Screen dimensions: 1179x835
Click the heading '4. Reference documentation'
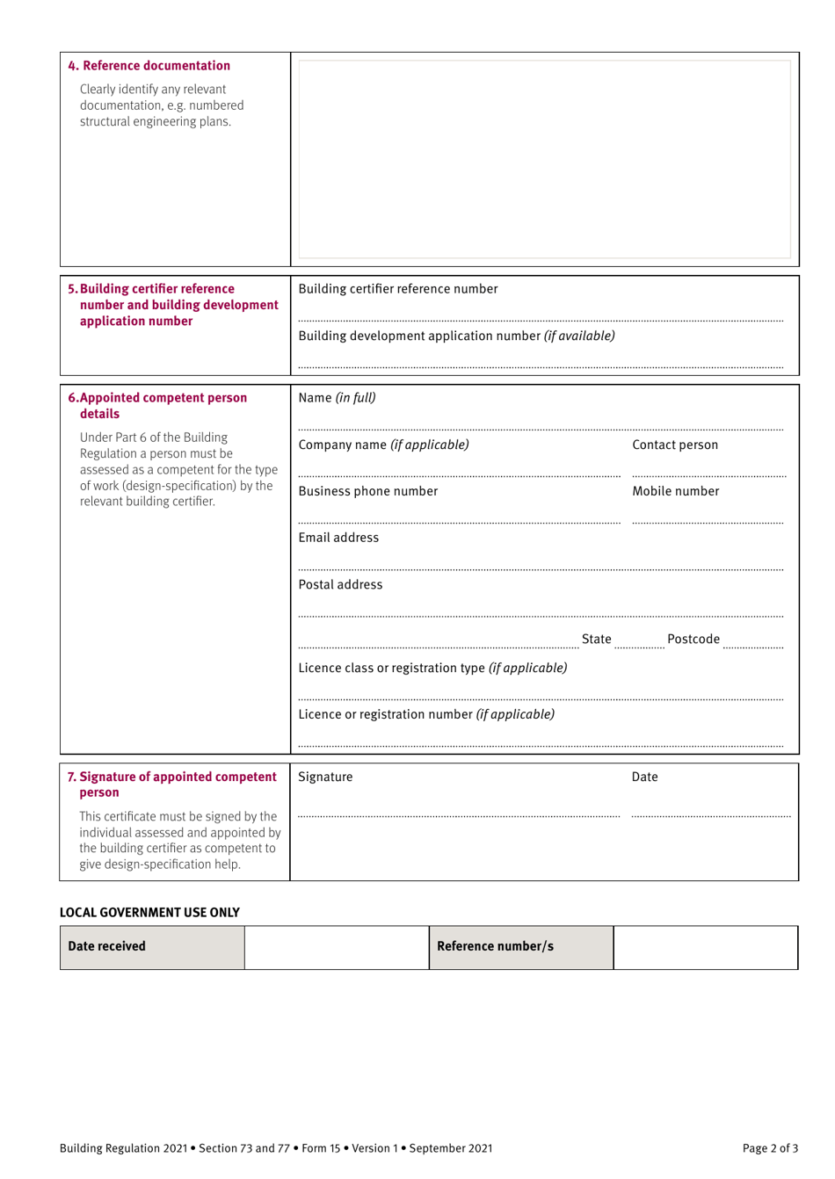(149, 66)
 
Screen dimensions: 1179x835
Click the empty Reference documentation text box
(544, 159)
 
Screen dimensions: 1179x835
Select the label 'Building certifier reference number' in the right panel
(398, 289)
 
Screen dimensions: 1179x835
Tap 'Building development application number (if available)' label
(456, 336)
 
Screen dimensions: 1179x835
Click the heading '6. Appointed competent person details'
(157, 405)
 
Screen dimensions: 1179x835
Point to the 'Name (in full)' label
(337, 398)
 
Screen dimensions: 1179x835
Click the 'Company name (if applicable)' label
(383, 445)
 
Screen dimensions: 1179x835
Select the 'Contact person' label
(674, 445)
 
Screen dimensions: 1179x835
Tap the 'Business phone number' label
(367, 491)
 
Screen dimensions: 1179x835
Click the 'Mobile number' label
(675, 491)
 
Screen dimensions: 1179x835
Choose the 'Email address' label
(338, 538)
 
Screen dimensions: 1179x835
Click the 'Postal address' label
(340, 584)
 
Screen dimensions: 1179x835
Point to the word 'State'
(596, 639)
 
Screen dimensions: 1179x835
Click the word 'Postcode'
(693, 639)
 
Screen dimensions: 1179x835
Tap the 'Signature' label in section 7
(325, 777)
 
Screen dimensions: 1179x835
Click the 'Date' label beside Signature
(644, 777)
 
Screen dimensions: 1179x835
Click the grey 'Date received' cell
(152, 946)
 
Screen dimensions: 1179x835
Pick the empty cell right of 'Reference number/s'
(705, 947)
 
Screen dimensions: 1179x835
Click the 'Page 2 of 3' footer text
(769, 1148)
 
